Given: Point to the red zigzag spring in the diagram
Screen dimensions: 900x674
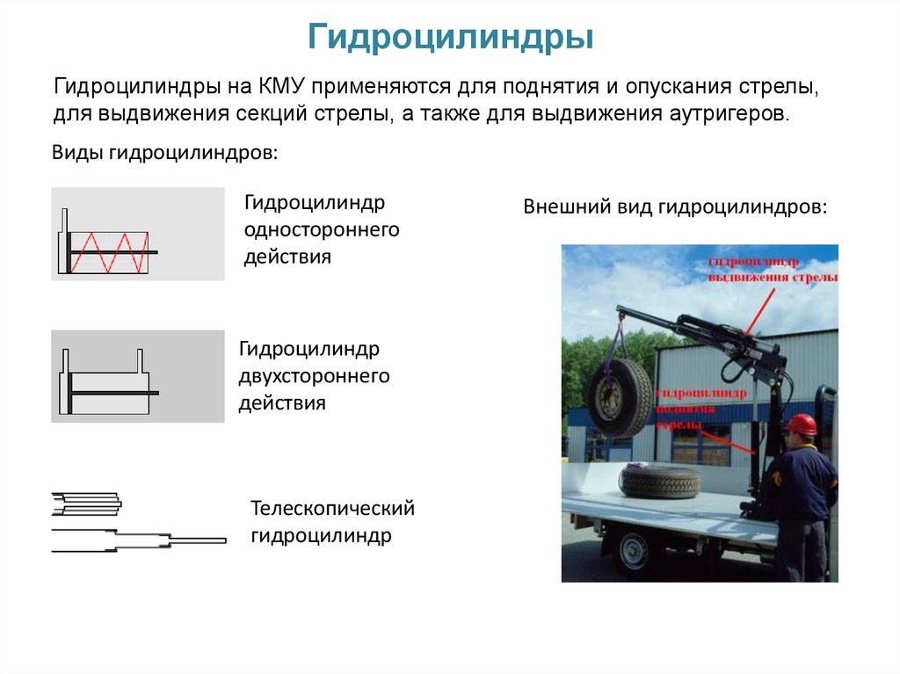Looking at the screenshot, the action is click(x=108, y=252).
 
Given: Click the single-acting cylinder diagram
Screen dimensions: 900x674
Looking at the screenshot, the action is click(x=138, y=234).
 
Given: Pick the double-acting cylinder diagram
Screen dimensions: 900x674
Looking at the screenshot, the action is click(x=138, y=376).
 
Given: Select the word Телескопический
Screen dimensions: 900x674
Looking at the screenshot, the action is click(x=332, y=509).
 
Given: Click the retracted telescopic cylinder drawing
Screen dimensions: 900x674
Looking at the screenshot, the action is click(x=86, y=503).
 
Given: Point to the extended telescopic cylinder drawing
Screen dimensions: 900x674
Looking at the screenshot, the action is click(x=138, y=540).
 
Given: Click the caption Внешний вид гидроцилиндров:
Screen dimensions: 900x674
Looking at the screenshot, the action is click(x=675, y=207).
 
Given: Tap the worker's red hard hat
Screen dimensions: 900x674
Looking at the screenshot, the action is click(x=801, y=424).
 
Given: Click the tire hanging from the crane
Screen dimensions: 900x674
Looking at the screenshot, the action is click(x=621, y=397).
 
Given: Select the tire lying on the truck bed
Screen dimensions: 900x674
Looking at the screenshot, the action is click(x=660, y=482).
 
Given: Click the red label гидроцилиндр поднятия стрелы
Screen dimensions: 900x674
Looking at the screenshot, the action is click(x=702, y=408).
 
